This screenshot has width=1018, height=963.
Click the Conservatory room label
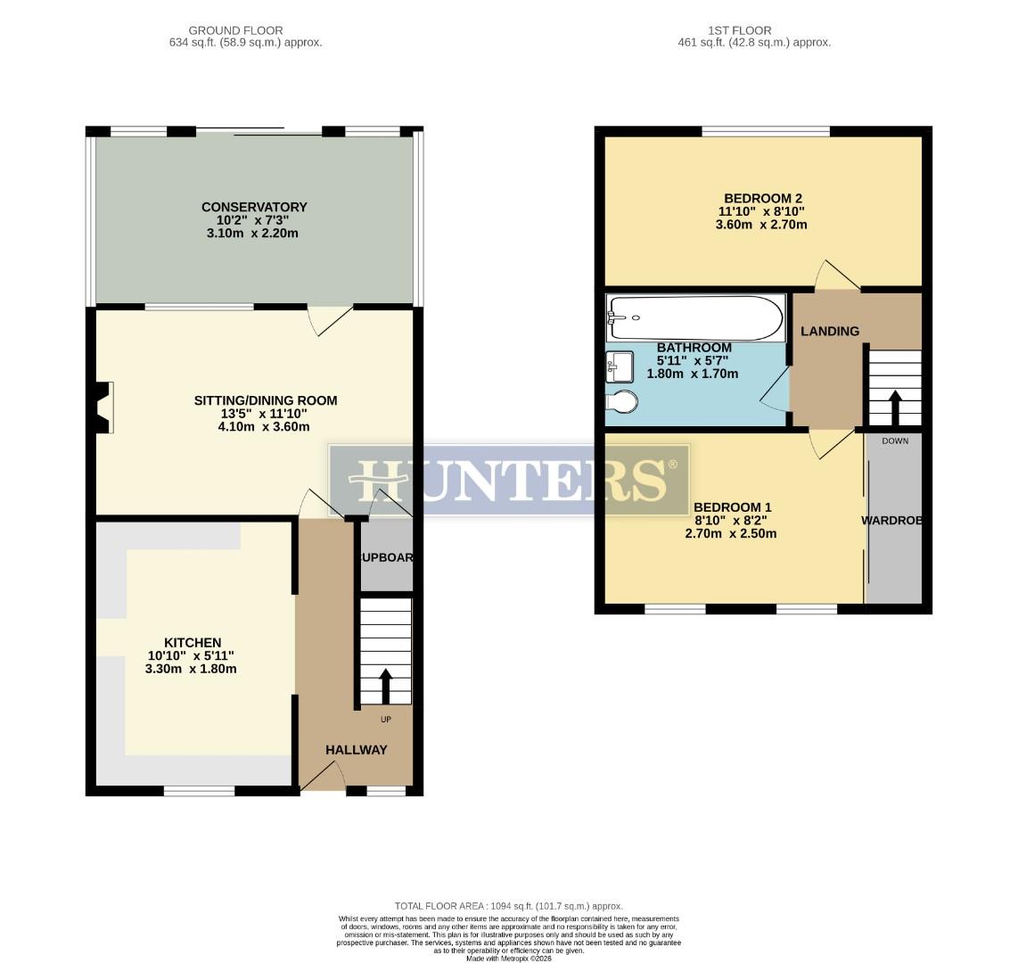coord(254,208)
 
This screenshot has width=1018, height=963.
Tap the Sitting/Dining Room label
coord(266,401)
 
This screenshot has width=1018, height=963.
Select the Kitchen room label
coord(193,642)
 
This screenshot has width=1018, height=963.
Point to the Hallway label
coord(356,750)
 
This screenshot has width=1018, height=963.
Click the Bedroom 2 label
coord(763,198)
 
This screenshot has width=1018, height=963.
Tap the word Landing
coord(829,331)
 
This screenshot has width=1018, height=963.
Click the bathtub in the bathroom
coord(694,318)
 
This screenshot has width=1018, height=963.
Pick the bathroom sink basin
coord(620,366)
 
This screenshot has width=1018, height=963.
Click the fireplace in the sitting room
coord(105,407)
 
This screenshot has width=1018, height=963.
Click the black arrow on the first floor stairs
coord(894,407)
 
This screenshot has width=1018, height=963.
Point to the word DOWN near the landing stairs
coord(895,441)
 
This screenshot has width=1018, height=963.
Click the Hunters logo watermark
coord(509,479)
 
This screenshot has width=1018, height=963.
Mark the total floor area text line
coord(509,906)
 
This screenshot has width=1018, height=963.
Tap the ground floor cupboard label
coord(385,557)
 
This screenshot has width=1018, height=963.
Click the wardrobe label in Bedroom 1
coord(891,520)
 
